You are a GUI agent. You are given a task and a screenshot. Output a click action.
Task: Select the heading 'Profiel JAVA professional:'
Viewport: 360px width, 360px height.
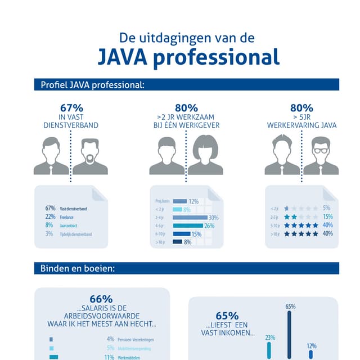(93, 85)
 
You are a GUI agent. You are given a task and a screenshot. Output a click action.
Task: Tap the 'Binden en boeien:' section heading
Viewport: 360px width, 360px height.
(78, 268)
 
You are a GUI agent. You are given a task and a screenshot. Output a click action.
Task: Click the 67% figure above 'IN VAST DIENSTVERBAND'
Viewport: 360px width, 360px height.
(71, 107)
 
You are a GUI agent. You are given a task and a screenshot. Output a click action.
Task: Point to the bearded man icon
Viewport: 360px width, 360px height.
(90, 157)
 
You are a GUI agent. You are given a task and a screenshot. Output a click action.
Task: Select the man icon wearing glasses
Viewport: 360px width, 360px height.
(320, 157)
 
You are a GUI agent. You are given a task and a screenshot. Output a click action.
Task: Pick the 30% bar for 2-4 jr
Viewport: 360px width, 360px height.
(190, 217)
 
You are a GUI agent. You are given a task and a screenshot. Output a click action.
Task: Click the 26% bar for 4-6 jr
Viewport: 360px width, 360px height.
(188, 226)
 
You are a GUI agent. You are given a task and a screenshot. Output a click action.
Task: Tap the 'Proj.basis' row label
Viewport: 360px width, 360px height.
(163, 201)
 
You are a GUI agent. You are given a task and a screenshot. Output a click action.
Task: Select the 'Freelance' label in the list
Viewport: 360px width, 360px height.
(67, 217)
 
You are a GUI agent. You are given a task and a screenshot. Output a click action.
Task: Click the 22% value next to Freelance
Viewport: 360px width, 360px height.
(50, 217)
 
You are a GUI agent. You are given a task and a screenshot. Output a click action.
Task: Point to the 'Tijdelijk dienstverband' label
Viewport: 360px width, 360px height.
(75, 233)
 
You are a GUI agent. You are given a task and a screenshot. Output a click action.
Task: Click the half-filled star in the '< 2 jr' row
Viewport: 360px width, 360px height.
(287, 208)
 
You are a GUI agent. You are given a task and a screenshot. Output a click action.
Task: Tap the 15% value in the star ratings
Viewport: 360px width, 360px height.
(327, 217)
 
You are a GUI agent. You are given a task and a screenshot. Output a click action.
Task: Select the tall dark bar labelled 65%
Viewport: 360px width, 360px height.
(290, 335)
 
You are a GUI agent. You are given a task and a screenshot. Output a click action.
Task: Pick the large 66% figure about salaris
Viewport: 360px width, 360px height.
(101, 299)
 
